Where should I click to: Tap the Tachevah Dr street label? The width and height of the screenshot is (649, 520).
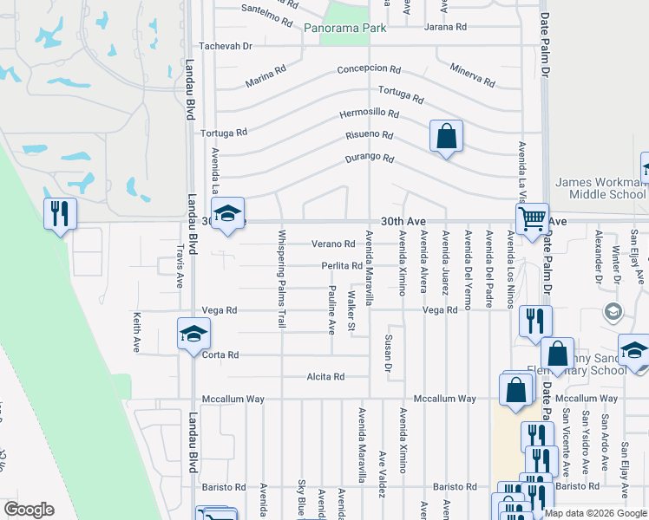[x=225, y=46]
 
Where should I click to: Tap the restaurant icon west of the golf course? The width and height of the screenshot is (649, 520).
[x=60, y=214]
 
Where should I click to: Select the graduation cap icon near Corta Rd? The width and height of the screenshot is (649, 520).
[x=193, y=335]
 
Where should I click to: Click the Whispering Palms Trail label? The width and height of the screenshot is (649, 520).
[x=281, y=279]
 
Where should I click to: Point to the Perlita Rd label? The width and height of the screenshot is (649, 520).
[x=341, y=266]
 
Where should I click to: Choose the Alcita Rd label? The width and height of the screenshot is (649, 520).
[x=325, y=377]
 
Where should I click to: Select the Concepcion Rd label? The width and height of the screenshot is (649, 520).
[x=369, y=69]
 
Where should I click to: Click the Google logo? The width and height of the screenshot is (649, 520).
[x=29, y=510]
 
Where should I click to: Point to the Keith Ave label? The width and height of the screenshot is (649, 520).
[x=136, y=333]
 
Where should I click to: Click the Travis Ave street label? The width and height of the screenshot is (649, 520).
[x=180, y=265]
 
